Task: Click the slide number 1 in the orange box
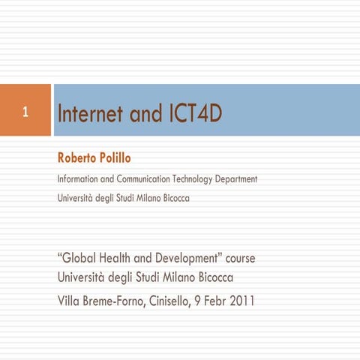tap(25, 114)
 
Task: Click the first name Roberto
tap(77, 158)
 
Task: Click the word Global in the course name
tap(79, 259)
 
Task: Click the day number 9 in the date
tap(213, 302)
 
